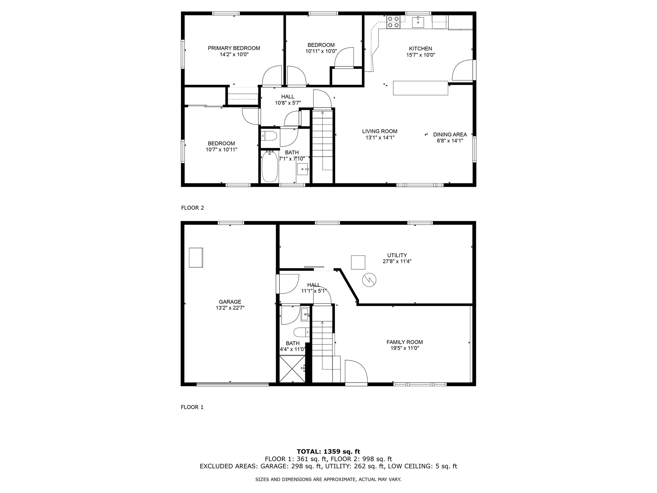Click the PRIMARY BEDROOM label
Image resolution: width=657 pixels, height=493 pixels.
(234, 48)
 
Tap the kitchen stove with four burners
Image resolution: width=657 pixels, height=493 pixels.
(393, 22)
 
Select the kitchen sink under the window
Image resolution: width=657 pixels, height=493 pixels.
(418, 22)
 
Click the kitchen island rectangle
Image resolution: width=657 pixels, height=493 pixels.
(420, 88)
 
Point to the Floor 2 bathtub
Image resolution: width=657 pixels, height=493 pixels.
(269, 167)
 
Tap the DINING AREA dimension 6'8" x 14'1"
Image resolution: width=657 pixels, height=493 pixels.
(450, 140)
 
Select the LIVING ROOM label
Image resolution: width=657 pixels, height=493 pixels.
(380, 131)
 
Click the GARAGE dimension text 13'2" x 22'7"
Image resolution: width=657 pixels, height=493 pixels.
(230, 307)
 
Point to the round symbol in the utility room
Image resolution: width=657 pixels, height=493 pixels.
(369, 280)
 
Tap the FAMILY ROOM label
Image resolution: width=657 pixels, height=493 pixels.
(405, 342)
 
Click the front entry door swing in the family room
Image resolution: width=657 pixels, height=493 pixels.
(355, 371)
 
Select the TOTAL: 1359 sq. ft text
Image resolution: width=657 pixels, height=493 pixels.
(328, 452)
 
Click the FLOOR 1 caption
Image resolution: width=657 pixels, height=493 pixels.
(192, 407)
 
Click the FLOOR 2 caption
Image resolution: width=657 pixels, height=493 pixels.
(192, 208)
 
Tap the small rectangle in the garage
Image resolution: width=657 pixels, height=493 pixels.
(196, 257)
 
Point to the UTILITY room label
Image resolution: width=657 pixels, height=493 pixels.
(397, 255)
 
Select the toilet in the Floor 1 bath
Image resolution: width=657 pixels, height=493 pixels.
(301, 332)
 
